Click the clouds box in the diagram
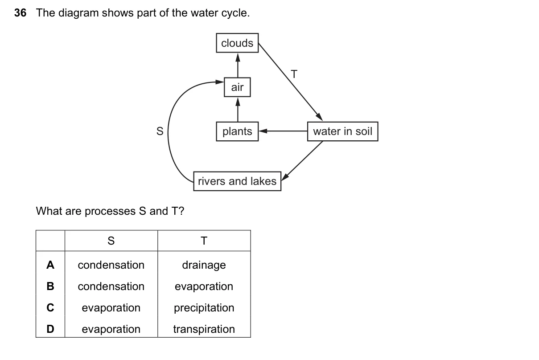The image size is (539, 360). (237, 43)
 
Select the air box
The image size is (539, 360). (237, 87)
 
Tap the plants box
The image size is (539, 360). (237, 131)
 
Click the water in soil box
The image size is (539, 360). (343, 131)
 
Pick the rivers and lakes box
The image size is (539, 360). (237, 181)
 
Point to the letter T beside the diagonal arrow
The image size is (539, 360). (294, 74)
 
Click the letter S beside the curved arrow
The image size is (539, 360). (160, 131)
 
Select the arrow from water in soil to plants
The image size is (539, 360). (283, 131)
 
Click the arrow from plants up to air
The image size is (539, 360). (238, 110)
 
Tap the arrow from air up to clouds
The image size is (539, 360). (238, 65)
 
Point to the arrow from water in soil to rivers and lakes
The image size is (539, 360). (302, 161)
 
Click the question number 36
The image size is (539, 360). (20, 13)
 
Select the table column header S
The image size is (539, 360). (111, 241)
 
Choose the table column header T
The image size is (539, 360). (204, 241)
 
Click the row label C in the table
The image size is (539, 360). (50, 307)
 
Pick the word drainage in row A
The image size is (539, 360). (204, 265)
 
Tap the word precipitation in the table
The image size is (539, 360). (204, 308)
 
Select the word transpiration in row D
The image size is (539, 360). (204, 329)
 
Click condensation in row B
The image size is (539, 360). (111, 286)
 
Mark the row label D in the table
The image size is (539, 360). (50, 329)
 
